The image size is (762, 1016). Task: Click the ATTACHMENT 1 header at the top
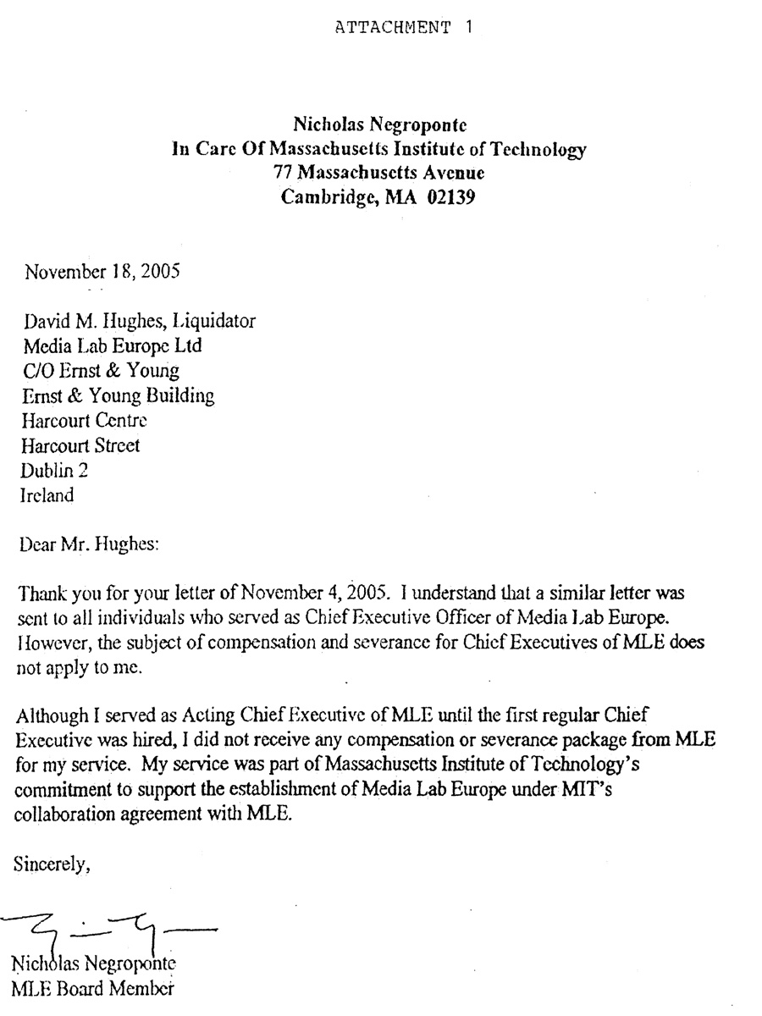pyautogui.click(x=404, y=26)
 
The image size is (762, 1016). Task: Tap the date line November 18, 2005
pyautogui.click(x=102, y=273)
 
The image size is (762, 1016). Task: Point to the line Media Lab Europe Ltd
pyautogui.click(x=111, y=345)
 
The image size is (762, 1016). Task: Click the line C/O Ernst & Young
pyautogui.click(x=100, y=370)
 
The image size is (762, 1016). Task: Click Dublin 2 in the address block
pyautogui.click(x=54, y=470)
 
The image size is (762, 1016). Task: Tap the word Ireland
pyautogui.click(x=47, y=495)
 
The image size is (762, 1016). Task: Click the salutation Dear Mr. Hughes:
pyautogui.click(x=88, y=544)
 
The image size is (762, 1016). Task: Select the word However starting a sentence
pyautogui.click(x=47, y=643)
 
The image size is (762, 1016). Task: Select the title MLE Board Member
pyautogui.click(x=93, y=987)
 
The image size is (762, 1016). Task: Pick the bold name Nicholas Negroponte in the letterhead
pyautogui.click(x=379, y=126)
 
